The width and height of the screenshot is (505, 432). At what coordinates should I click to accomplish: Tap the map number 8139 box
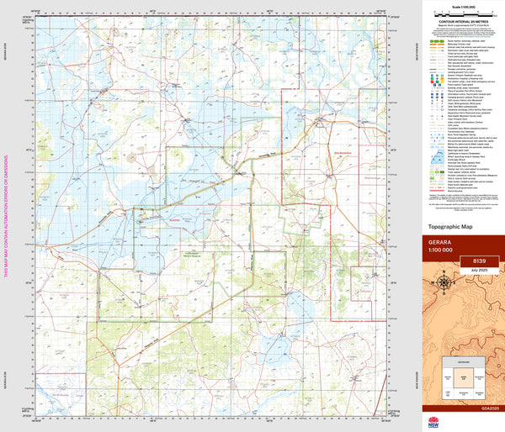tap(477, 261)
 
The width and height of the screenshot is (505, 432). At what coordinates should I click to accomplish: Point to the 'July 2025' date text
tap(477, 270)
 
